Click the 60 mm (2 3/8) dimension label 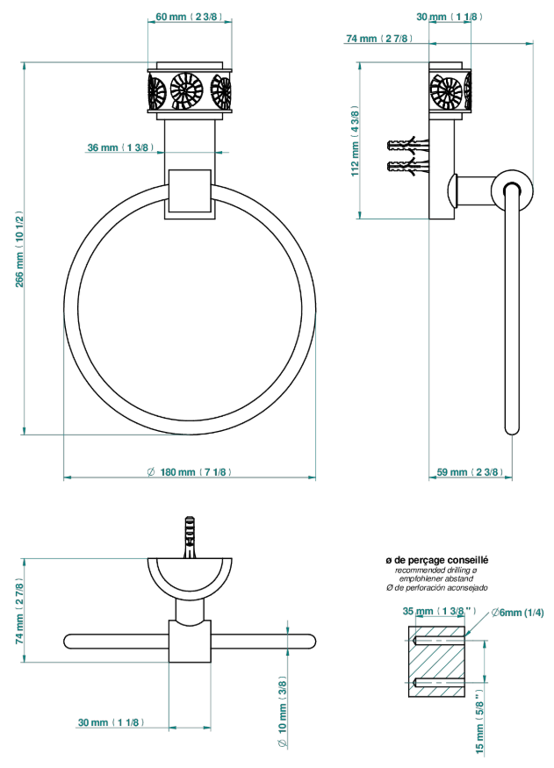(x=189, y=17)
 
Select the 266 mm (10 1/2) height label (x=19, y=249)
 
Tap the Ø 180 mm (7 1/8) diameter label (x=189, y=472)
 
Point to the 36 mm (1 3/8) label (x=120, y=147)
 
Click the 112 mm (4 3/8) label (x=355, y=141)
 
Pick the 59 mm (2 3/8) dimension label (x=470, y=472)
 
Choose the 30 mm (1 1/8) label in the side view (x=450, y=17)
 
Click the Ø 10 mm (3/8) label (x=283, y=712)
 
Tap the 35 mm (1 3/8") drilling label (x=439, y=611)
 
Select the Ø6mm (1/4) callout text (x=517, y=613)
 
